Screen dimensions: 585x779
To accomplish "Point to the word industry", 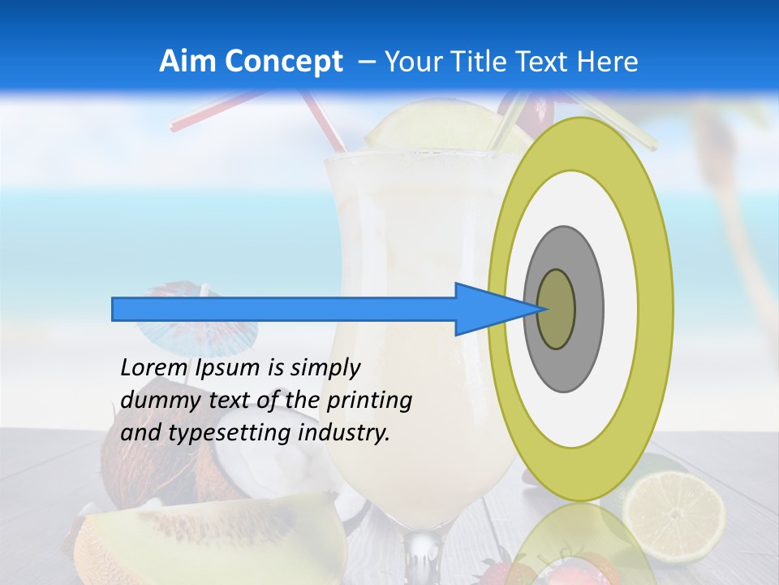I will (344, 433).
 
